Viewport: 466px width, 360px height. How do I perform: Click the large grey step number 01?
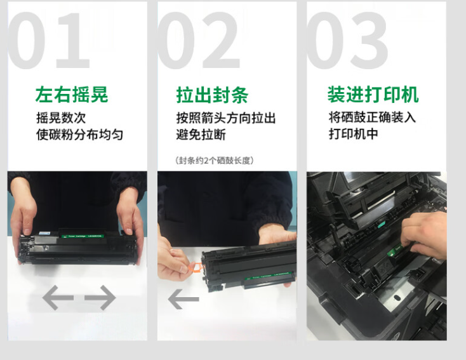[49, 41]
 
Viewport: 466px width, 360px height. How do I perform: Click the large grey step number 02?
[199, 41]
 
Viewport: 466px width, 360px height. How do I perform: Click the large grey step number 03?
[347, 41]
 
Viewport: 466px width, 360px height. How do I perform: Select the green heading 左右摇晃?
[72, 95]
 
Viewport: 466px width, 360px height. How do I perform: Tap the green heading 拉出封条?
[212, 95]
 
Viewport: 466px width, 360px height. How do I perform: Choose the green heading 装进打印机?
[373, 94]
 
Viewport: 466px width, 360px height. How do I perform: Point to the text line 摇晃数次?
[61, 117]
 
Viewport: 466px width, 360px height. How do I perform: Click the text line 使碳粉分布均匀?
[79, 135]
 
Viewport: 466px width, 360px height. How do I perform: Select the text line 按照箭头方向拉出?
[226, 118]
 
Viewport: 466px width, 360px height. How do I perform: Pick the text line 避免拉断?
[201, 135]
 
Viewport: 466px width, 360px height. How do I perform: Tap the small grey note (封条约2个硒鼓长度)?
[215, 161]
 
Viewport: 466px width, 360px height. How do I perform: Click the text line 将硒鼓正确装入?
[372, 117]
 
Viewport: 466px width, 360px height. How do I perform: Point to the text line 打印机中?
[354, 134]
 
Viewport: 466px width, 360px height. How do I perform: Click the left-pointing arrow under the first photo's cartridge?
[58, 298]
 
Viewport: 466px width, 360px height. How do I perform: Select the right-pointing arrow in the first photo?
[100, 298]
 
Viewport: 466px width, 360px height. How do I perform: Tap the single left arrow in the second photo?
[183, 299]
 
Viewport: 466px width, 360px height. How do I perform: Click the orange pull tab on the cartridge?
[195, 267]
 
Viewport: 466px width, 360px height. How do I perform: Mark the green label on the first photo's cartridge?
[83, 236]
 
